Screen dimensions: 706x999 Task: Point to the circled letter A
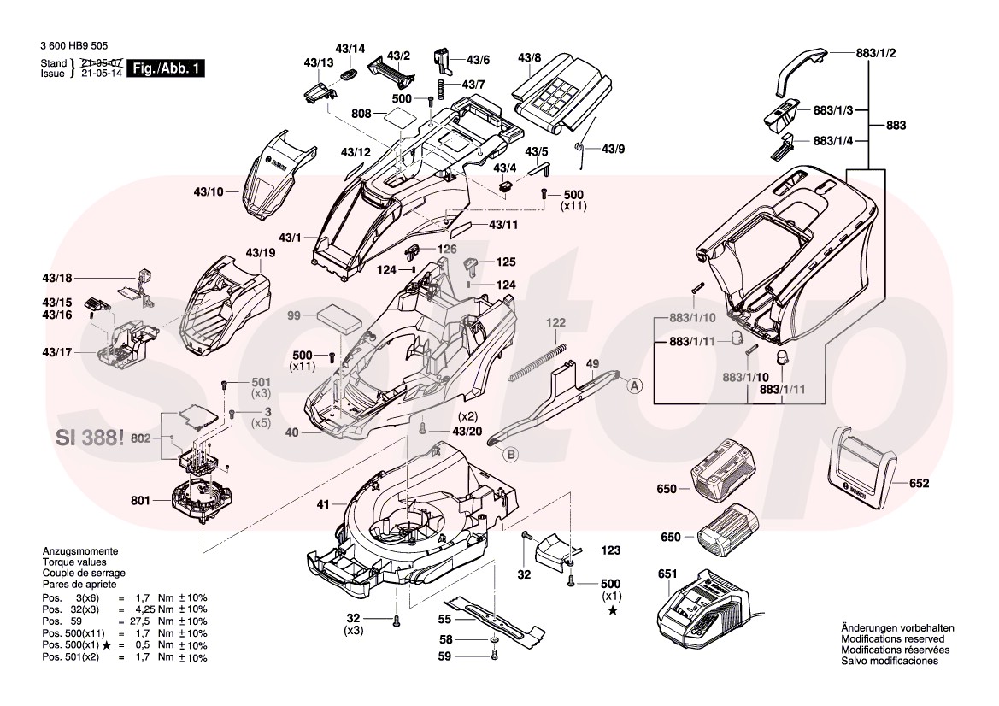click(635, 386)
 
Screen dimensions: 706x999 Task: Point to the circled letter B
click(510, 455)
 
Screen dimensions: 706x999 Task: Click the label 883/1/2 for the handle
click(876, 53)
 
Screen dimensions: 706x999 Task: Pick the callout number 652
click(919, 484)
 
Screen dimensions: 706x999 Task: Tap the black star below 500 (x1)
click(612, 610)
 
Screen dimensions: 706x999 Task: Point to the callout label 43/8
click(530, 57)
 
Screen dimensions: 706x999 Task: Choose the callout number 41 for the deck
click(322, 505)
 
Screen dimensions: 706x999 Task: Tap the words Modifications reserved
click(893, 639)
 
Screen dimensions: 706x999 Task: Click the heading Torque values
click(74, 562)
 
